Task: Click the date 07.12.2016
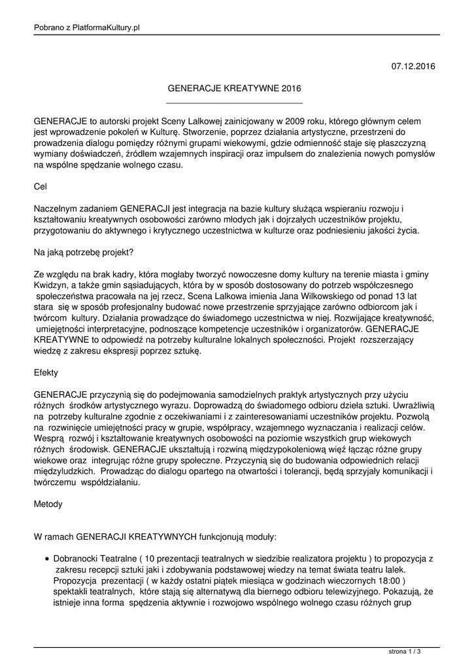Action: point(413,66)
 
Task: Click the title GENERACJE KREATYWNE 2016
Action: point(235,88)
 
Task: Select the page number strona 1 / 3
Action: point(405,651)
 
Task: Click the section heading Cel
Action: point(40,186)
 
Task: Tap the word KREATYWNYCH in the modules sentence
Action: point(162,537)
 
